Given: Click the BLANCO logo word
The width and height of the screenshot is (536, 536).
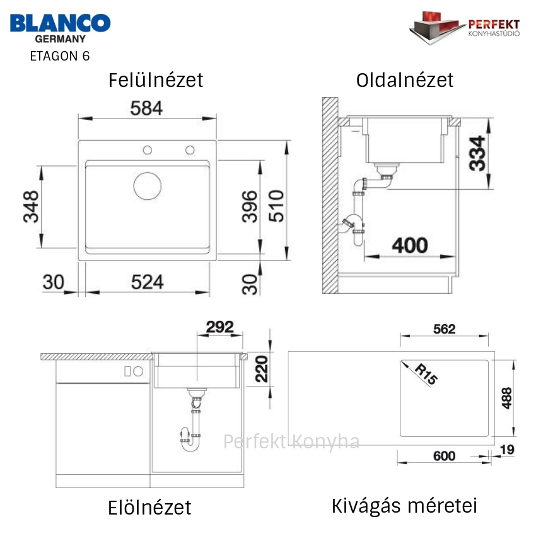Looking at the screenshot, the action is [60, 23].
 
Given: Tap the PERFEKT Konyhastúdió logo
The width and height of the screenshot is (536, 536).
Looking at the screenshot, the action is [465, 28].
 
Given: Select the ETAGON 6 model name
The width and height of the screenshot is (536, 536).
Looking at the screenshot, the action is [60, 56].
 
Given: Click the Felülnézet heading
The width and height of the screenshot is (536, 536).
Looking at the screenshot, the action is [156, 80].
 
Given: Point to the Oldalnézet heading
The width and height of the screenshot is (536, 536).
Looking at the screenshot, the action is [405, 80].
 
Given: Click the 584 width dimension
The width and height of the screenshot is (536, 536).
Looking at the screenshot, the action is [146, 108].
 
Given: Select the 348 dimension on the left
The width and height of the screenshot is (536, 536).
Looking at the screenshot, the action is [31, 207].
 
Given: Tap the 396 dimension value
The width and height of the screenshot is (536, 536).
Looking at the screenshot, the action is [250, 207].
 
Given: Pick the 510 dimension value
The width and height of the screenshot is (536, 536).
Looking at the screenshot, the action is [276, 206].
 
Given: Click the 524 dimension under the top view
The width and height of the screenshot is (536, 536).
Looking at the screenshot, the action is [148, 282].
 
